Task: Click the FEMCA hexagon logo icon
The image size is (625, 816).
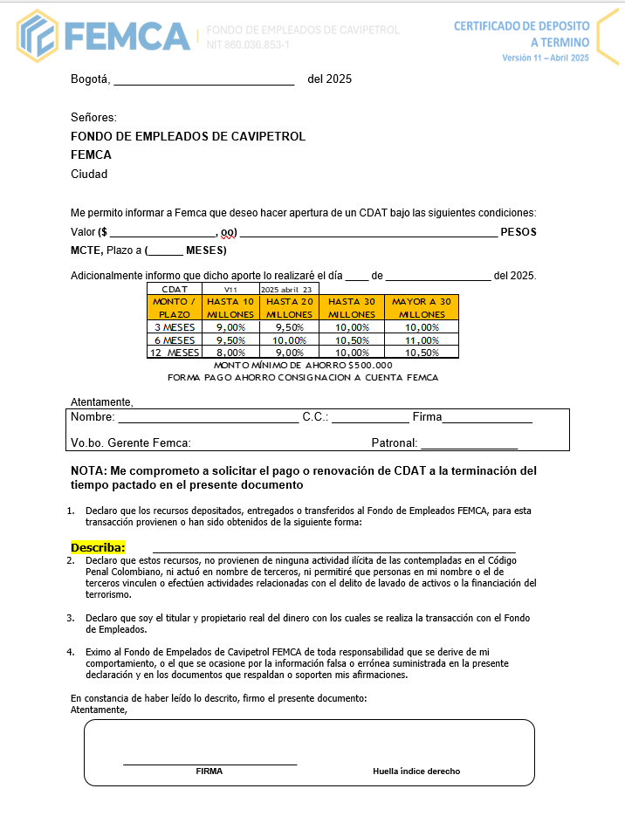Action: (38, 36)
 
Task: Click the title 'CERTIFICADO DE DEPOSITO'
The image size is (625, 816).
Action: (521, 26)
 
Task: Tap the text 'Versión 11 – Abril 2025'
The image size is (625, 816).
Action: (546, 58)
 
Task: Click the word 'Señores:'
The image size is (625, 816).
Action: (93, 118)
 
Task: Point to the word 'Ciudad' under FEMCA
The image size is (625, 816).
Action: (89, 174)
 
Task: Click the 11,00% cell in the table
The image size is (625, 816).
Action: (422, 339)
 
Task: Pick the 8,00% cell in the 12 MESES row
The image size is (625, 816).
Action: (230, 352)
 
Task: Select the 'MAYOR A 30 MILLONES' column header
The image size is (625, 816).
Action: (422, 307)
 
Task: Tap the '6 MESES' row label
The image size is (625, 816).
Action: (175, 339)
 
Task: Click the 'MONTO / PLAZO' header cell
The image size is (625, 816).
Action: (175, 307)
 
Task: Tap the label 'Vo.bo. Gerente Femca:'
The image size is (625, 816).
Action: (131, 442)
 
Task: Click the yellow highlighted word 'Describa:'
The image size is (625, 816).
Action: (98, 547)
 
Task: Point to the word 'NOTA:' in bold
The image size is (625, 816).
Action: (88, 470)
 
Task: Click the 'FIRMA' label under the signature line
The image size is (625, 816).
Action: (209, 771)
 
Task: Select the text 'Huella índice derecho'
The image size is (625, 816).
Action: (416, 771)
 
